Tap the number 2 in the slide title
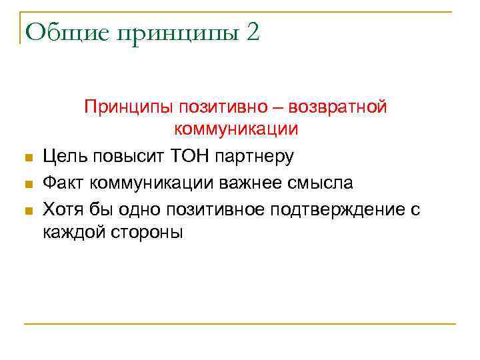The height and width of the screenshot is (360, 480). click(253, 32)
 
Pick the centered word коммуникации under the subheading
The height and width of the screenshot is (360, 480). click(245, 130)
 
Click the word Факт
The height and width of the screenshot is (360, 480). click(63, 183)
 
